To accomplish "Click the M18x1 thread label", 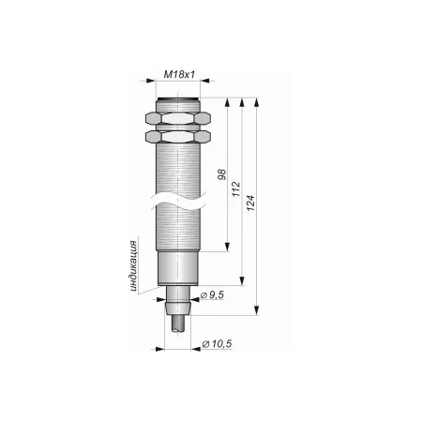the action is [x=179, y=74].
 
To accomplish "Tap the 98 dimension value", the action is [x=221, y=174].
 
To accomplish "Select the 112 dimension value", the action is [x=236, y=188].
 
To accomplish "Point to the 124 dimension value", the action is [x=250, y=203].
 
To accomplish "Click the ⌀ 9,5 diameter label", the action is [x=212, y=294].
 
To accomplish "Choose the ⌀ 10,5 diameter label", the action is [x=217, y=344].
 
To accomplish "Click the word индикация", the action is [x=134, y=266].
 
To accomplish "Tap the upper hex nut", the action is [x=178, y=118].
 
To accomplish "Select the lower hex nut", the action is [x=178, y=136].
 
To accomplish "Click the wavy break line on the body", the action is [x=178, y=201].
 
